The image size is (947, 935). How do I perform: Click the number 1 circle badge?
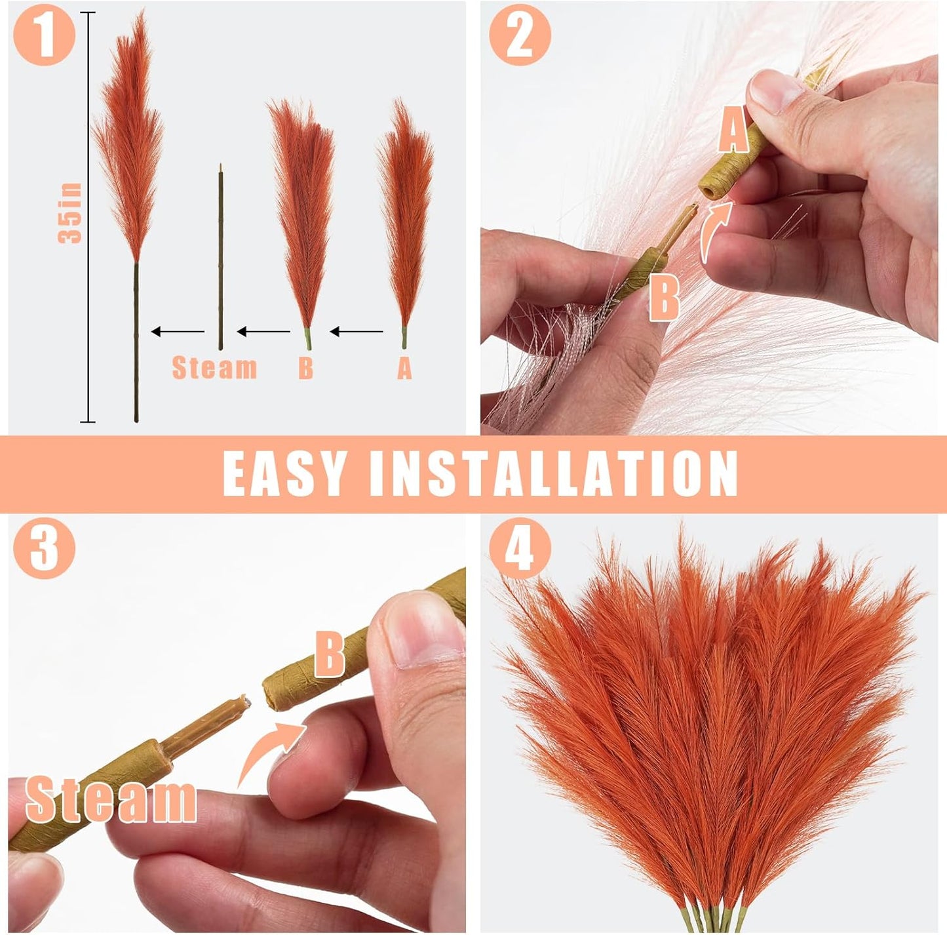[44, 34]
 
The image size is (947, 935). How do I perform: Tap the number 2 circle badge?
[520, 34]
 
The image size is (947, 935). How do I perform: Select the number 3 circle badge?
[44, 548]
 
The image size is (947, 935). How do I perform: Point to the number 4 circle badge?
[520, 548]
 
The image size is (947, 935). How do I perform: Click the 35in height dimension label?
[71, 214]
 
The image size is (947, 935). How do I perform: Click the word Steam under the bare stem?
[214, 368]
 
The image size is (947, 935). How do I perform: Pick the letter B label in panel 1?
[305, 368]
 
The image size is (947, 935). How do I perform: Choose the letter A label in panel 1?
[404, 368]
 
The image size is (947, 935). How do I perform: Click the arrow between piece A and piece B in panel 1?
[357, 332]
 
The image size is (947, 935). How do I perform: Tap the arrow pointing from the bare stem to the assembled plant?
[178, 332]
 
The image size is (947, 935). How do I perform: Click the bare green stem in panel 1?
[221, 262]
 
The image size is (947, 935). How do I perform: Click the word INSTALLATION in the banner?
[554, 473]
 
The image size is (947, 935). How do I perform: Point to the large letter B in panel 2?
[665, 297]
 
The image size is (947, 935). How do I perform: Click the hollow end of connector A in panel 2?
[707, 190]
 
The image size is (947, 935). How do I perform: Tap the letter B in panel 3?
[330, 653]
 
